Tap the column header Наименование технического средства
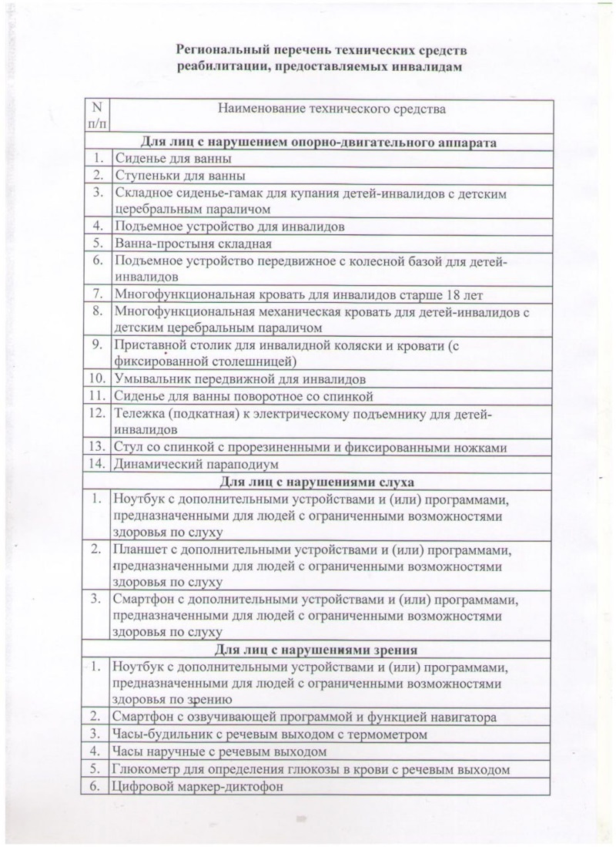tap(332, 109)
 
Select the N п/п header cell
tap(97, 116)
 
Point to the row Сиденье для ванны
tap(172, 159)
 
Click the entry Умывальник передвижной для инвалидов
tap(239, 379)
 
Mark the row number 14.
tap(97, 464)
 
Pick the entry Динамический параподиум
tap(196, 464)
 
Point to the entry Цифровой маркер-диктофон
tap(199, 786)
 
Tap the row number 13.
tap(97, 447)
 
